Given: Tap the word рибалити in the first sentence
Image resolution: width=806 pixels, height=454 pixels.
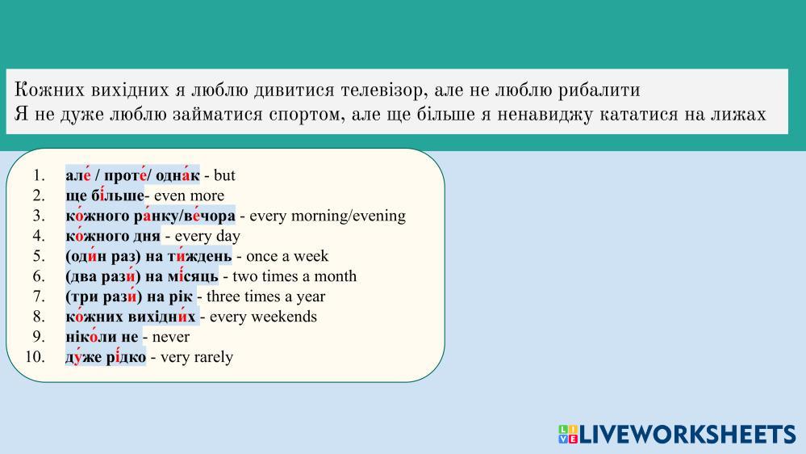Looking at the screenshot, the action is (x=599, y=90).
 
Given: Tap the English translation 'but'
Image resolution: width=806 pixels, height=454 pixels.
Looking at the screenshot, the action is (x=224, y=175).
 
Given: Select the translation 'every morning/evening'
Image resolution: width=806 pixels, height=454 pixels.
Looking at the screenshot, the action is (x=328, y=216).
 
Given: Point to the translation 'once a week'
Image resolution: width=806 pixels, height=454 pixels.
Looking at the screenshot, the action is (x=287, y=256).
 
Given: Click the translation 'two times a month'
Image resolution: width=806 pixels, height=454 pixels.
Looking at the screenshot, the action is (x=294, y=276).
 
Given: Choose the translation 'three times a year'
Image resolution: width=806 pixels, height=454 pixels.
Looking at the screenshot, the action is (x=265, y=296).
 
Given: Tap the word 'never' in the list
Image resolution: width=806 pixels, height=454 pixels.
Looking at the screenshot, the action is (x=171, y=337).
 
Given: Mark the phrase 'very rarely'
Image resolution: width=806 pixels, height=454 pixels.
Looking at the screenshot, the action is (x=197, y=357).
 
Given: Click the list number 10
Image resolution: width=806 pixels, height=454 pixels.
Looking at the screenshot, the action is (x=35, y=356).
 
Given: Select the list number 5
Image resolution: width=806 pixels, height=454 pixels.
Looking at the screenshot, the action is (x=39, y=256).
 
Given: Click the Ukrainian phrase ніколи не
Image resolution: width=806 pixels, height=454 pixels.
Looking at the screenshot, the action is (x=102, y=337).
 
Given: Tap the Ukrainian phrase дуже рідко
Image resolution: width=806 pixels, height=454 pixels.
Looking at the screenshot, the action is (x=106, y=357).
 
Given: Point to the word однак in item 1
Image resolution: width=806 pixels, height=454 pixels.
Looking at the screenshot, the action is (x=177, y=175).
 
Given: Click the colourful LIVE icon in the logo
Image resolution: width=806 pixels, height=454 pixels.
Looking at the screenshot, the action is (x=568, y=434).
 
